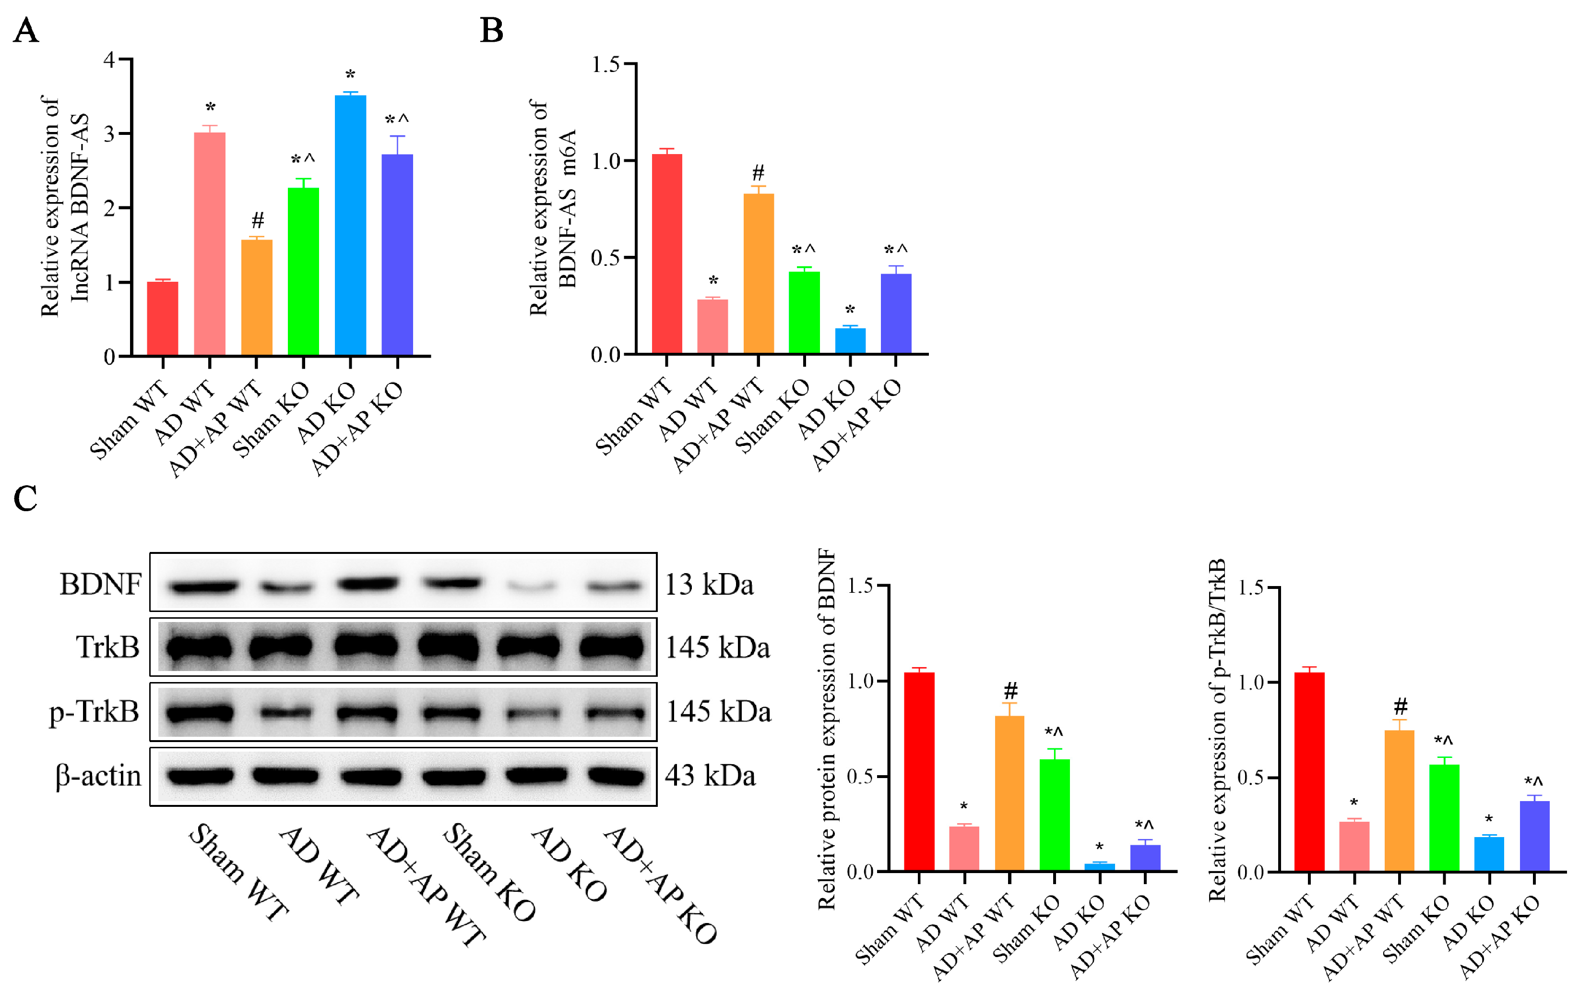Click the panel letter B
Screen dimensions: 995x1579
coord(491,30)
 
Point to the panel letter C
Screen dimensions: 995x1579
coord(25,499)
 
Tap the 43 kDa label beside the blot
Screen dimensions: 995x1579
coord(710,776)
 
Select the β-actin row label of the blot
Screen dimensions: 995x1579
coord(98,776)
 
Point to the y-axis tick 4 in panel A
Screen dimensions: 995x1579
coord(109,60)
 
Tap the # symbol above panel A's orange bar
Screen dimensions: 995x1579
coord(258,220)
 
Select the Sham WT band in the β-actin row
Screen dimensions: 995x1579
coord(200,776)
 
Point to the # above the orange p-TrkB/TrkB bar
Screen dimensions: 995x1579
coord(1400,707)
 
